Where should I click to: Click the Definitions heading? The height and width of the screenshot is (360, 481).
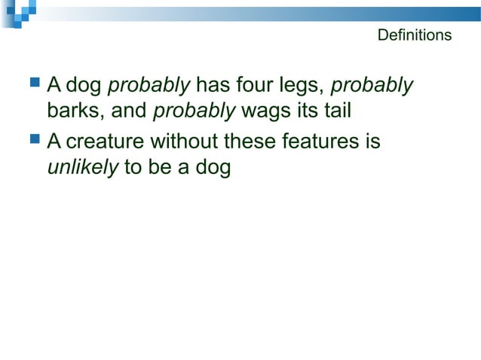(414, 35)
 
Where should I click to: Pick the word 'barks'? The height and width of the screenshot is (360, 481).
(71, 111)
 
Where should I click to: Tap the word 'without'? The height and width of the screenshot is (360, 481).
(185, 141)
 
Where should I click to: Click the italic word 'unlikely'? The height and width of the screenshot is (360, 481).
(82, 168)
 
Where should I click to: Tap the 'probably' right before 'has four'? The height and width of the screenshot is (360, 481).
(149, 86)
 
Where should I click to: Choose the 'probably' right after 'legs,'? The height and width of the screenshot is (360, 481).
(372, 86)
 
